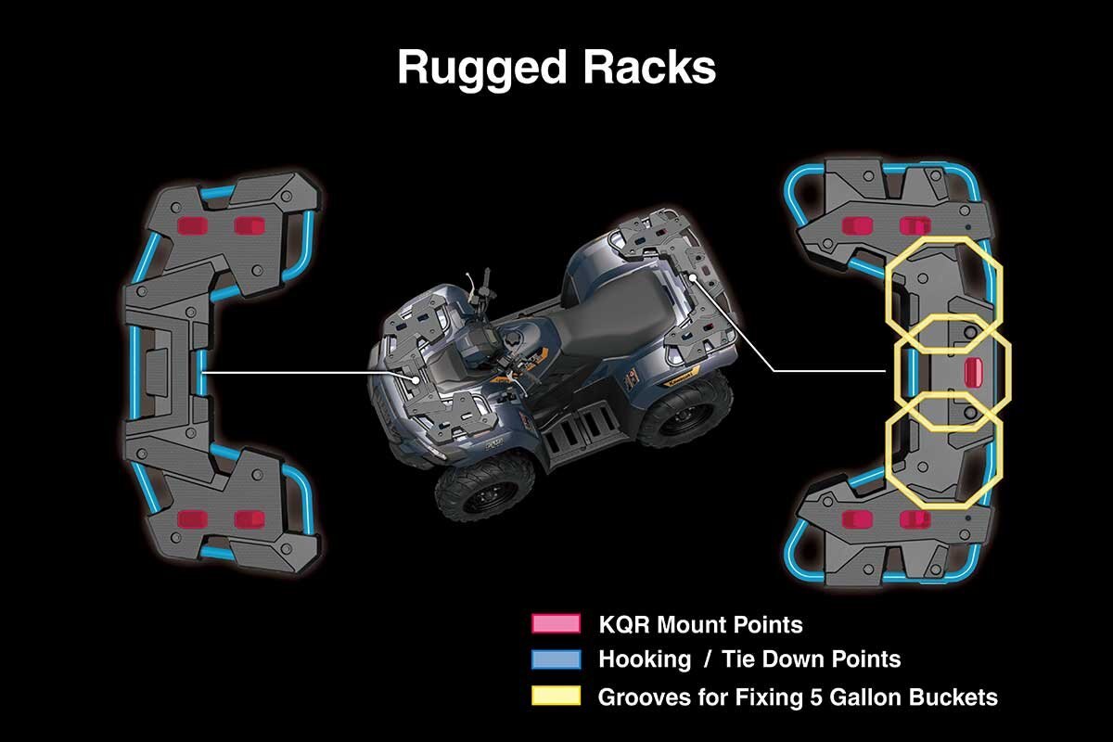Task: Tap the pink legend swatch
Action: (x=556, y=623)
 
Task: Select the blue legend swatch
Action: (x=556, y=659)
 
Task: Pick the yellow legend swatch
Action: (x=556, y=696)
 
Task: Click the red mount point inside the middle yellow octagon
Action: (x=973, y=371)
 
